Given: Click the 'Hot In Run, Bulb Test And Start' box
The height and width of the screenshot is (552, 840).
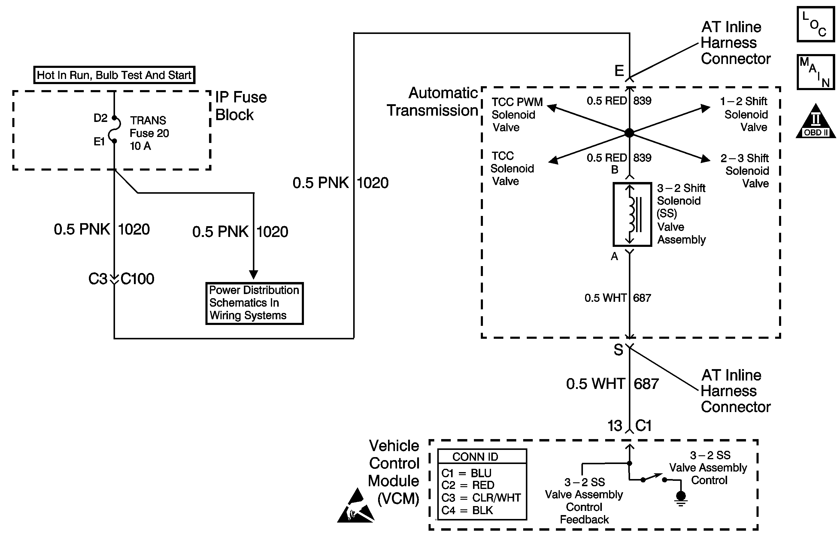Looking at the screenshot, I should point(114,75).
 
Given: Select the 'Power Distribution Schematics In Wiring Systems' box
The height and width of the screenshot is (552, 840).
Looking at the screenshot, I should point(254,303).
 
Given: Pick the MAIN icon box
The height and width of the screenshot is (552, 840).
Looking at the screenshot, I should point(815,72).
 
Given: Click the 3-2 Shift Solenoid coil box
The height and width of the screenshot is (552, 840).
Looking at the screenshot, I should point(632,214).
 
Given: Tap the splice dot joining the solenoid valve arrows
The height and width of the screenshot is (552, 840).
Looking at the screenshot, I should point(629,133).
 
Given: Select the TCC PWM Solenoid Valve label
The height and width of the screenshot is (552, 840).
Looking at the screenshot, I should point(517,115).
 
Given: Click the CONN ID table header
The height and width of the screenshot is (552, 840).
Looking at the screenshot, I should point(475,457).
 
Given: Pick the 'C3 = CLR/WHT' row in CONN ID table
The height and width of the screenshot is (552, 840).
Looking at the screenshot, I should point(481,498).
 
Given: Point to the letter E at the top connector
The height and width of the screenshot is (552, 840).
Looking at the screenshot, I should point(619,71).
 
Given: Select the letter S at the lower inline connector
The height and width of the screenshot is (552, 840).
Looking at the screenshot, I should point(618,350).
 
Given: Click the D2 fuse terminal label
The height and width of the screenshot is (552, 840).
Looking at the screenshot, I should point(100,118).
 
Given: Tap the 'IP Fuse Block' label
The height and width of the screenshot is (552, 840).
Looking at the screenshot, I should point(241,106).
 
